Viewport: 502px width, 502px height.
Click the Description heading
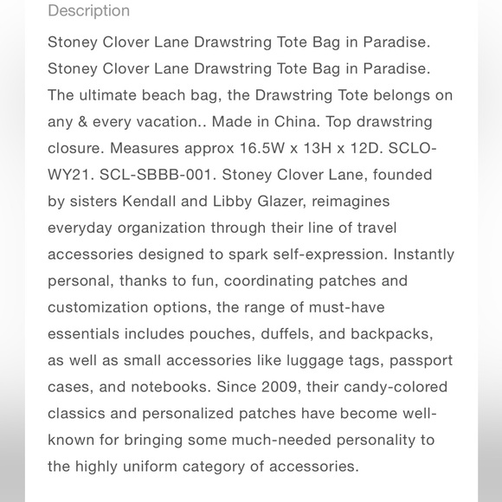88,11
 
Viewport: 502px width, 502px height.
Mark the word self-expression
332,254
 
